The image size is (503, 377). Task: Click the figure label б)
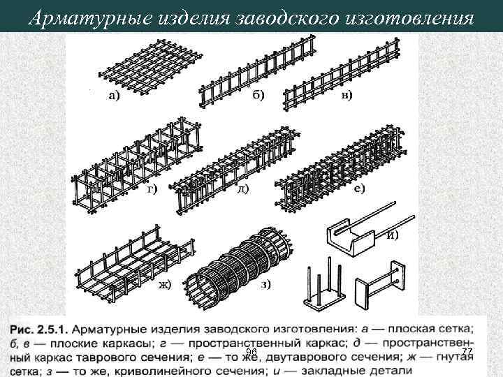[258, 95]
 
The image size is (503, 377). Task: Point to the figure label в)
[347, 94]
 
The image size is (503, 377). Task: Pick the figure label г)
[150, 188]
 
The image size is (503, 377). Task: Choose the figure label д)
[242, 188]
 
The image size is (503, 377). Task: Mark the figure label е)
[359, 188]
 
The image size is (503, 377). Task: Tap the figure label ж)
[166, 283]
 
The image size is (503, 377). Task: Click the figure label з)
[266, 283]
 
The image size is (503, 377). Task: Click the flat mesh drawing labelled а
[150, 63]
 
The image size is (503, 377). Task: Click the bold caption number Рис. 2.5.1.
[38, 327]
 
